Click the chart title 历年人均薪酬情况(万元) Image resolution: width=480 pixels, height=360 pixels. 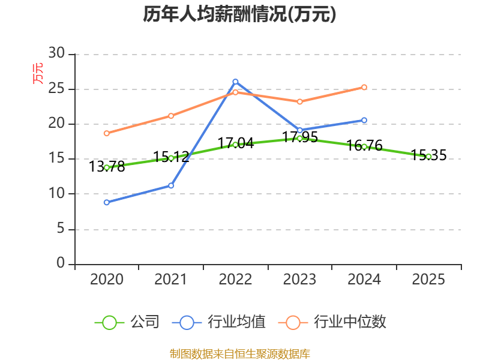click(x=239, y=14)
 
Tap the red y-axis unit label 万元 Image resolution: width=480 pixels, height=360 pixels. click(x=38, y=73)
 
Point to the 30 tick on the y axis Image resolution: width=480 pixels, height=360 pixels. click(x=56, y=53)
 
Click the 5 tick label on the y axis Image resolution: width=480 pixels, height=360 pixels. click(x=61, y=229)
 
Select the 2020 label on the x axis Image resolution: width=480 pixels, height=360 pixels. click(x=107, y=279)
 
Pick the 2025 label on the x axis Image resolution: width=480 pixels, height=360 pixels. click(x=428, y=279)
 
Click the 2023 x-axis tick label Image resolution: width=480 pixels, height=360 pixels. click(x=299, y=279)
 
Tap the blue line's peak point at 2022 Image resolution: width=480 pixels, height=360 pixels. click(x=235, y=82)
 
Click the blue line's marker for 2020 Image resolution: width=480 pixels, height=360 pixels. click(x=107, y=202)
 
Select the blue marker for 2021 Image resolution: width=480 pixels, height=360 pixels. click(x=171, y=185)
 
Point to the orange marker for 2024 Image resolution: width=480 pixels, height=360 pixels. click(x=364, y=87)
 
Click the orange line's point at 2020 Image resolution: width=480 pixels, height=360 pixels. click(x=107, y=133)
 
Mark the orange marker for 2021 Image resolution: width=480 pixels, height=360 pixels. click(x=171, y=116)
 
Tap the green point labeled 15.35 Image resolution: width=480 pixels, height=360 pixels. click(x=428, y=157)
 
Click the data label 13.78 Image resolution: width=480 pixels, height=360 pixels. click(x=107, y=167)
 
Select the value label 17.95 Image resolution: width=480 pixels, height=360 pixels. click(x=299, y=137)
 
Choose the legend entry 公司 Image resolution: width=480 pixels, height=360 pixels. click(x=127, y=322)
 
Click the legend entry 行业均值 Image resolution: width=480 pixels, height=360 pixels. click(x=219, y=322)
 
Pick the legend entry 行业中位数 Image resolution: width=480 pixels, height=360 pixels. click(x=332, y=322)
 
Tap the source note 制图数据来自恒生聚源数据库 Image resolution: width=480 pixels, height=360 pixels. click(x=239, y=354)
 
